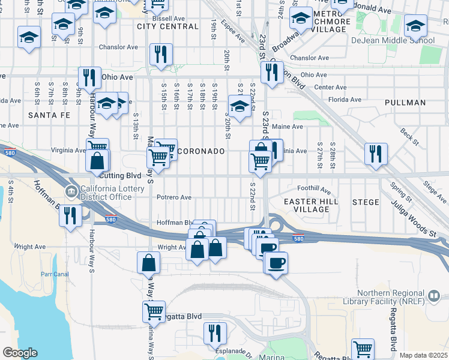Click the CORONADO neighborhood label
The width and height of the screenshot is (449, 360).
pos(202,152)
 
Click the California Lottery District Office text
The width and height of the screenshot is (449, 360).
pos(107,193)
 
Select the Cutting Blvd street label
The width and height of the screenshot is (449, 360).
pos(121,175)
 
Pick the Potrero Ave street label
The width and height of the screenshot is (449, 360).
pos(173,197)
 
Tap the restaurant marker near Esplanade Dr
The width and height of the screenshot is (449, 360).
pos(214,332)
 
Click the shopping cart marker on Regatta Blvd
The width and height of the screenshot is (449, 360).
pos(154,311)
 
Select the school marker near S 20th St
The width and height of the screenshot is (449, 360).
pos(239,106)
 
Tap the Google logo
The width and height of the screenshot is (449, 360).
pos(20,353)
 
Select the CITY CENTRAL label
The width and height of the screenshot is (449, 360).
pos(168,26)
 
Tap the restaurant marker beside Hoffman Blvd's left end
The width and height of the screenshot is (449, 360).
pos(70,215)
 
